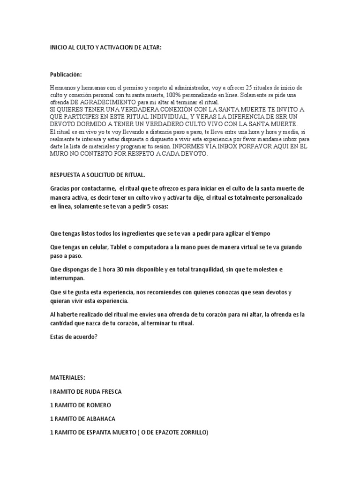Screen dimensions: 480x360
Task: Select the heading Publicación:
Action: coord(66,75)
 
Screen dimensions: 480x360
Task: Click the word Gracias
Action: coord(60,188)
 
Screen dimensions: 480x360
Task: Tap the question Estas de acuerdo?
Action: coord(74,336)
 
